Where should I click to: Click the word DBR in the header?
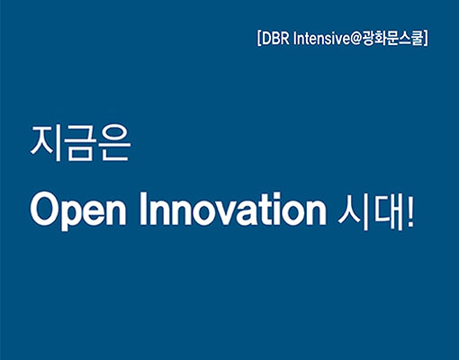[x=275, y=38]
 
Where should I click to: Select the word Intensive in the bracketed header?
[x=322, y=38]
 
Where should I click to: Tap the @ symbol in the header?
[x=356, y=39]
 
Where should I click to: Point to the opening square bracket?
[x=259, y=38]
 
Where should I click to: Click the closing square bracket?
[x=426, y=38]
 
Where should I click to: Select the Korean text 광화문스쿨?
[x=392, y=38]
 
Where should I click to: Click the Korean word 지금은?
[x=80, y=143]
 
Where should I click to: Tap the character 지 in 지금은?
[x=46, y=143]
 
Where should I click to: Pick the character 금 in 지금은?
[x=80, y=143]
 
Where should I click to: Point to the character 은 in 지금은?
[x=115, y=143]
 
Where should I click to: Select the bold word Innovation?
[x=233, y=208]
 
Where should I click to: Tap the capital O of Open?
[x=45, y=209]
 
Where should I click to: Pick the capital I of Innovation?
[x=143, y=209]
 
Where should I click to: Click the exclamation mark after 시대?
[x=410, y=211]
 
